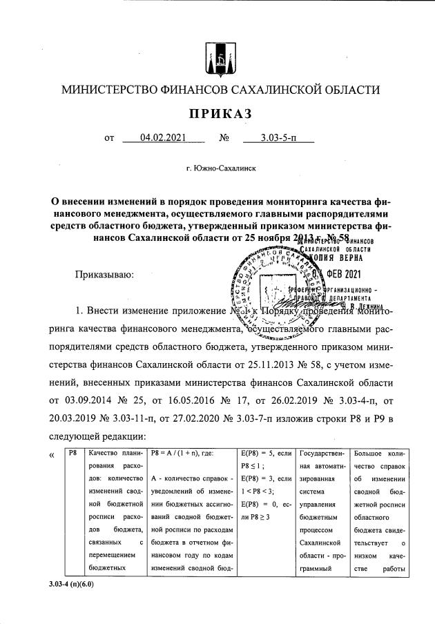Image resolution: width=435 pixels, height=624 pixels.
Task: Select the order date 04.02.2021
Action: [x=163, y=138]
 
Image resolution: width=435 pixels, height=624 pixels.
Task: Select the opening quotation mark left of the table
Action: [x=50, y=454]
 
